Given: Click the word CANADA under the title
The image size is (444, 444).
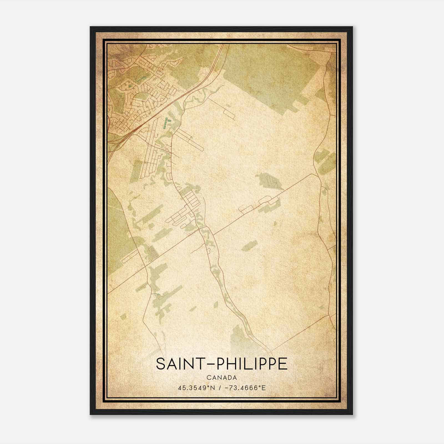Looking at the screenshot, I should coord(222,378).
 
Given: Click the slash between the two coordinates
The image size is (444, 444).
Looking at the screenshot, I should coord(220,388).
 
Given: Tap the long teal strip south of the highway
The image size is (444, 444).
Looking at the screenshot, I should coord(166,122).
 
